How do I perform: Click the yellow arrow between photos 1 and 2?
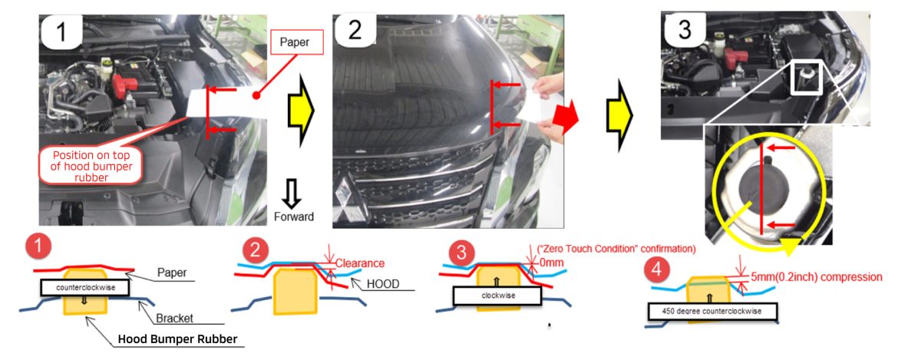click(x=301, y=111)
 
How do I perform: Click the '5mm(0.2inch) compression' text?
click(x=817, y=276)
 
